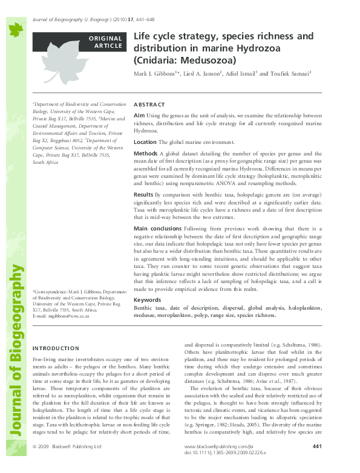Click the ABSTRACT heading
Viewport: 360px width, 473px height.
148,105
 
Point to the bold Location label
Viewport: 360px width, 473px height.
145,142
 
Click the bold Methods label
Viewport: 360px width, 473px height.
145,154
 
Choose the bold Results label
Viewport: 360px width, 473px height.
143,195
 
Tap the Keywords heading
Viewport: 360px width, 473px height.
147,300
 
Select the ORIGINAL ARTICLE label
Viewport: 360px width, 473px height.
106,42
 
